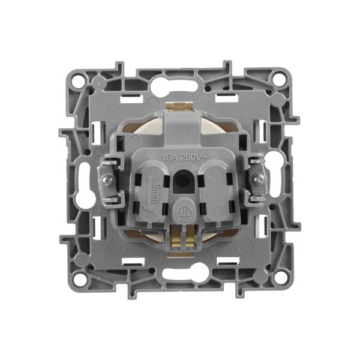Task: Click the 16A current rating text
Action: (169, 158)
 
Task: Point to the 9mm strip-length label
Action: (155, 193)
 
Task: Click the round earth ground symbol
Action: (183, 211)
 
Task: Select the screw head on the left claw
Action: (108, 180)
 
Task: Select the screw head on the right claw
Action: (256, 179)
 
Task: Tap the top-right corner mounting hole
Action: (278, 77)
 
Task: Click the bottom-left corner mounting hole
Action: (80, 279)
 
